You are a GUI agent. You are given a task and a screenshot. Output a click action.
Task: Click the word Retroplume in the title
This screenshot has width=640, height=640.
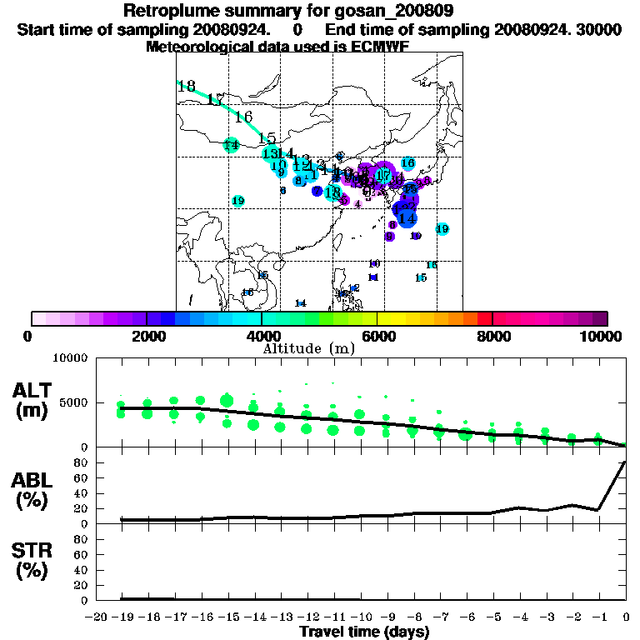coord(166,12)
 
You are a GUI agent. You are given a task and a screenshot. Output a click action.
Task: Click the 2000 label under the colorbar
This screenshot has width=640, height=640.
coord(147,337)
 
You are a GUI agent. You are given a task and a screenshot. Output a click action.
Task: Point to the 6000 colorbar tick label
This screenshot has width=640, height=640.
coord(377,337)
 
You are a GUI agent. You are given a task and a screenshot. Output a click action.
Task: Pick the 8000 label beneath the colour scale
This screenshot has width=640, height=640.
coord(492,337)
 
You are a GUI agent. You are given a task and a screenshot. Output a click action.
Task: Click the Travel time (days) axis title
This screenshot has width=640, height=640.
coord(364,632)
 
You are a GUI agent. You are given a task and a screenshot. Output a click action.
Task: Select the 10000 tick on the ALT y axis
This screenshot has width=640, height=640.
coord(70,359)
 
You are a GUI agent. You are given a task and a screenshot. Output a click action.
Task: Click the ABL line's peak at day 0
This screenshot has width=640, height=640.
coord(625,462)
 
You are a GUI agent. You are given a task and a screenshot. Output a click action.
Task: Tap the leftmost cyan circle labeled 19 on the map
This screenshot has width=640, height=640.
coord(238,201)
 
